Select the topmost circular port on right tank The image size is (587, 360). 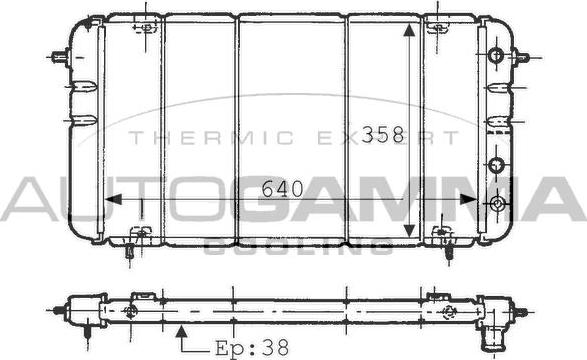[495, 56]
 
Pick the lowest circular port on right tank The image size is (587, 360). [497, 204]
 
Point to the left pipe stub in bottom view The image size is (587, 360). [60, 311]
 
